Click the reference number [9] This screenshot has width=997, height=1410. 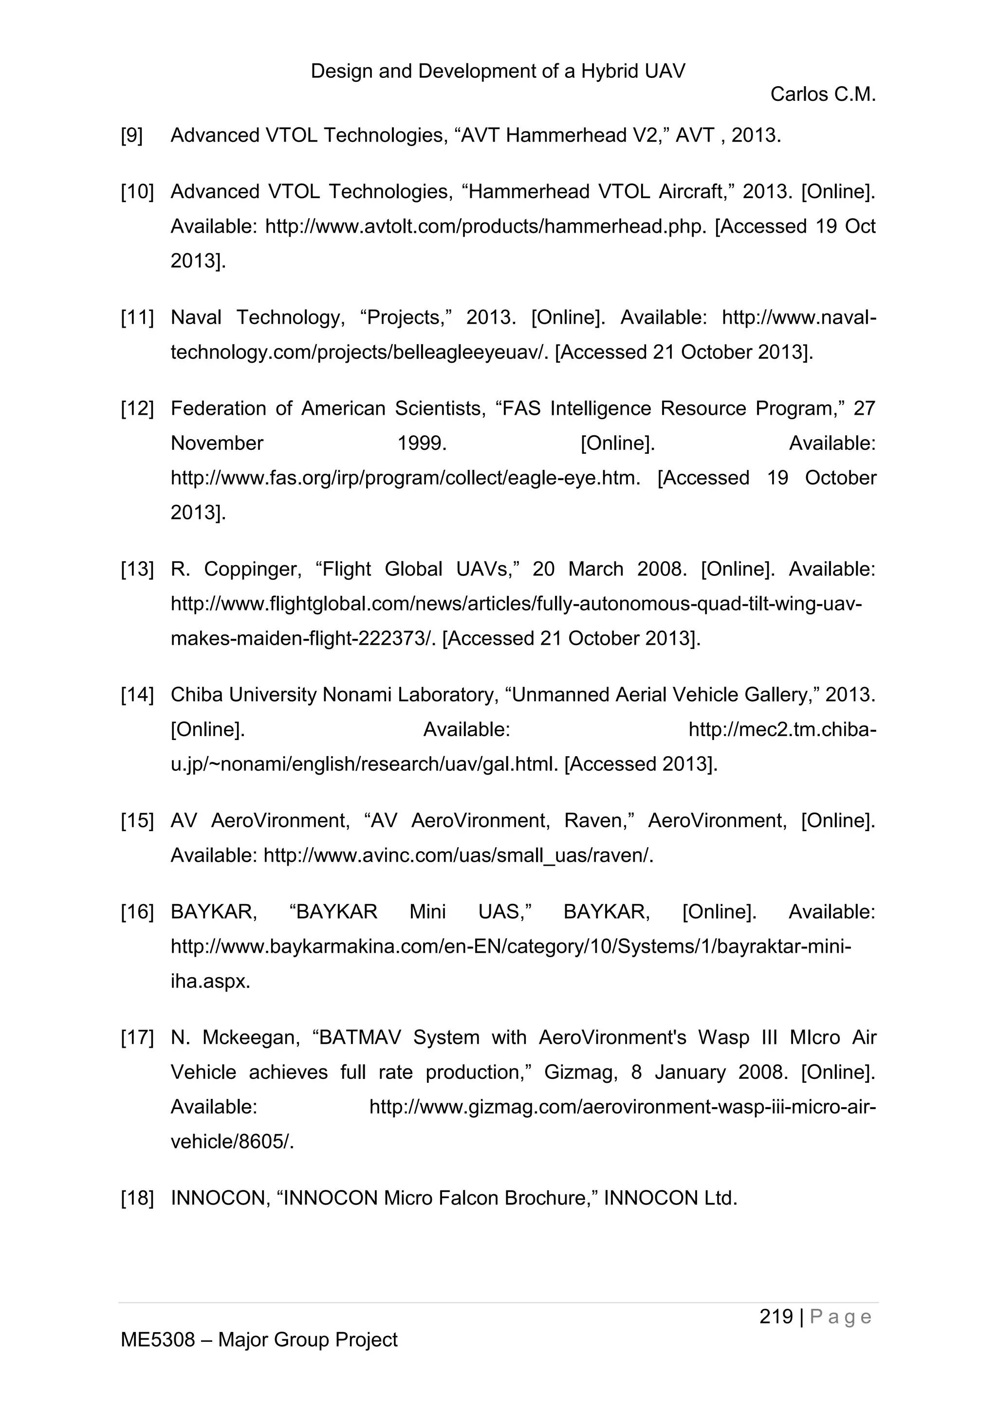click(131, 135)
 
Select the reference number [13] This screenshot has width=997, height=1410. click(137, 569)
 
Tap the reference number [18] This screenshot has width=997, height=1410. click(137, 1198)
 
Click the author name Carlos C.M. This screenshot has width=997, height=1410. click(823, 94)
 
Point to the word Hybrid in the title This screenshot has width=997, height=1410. click(609, 71)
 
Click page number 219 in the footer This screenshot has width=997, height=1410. click(776, 1317)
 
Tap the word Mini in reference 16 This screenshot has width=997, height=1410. click(427, 912)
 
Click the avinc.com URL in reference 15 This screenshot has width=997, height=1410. click(458, 855)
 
